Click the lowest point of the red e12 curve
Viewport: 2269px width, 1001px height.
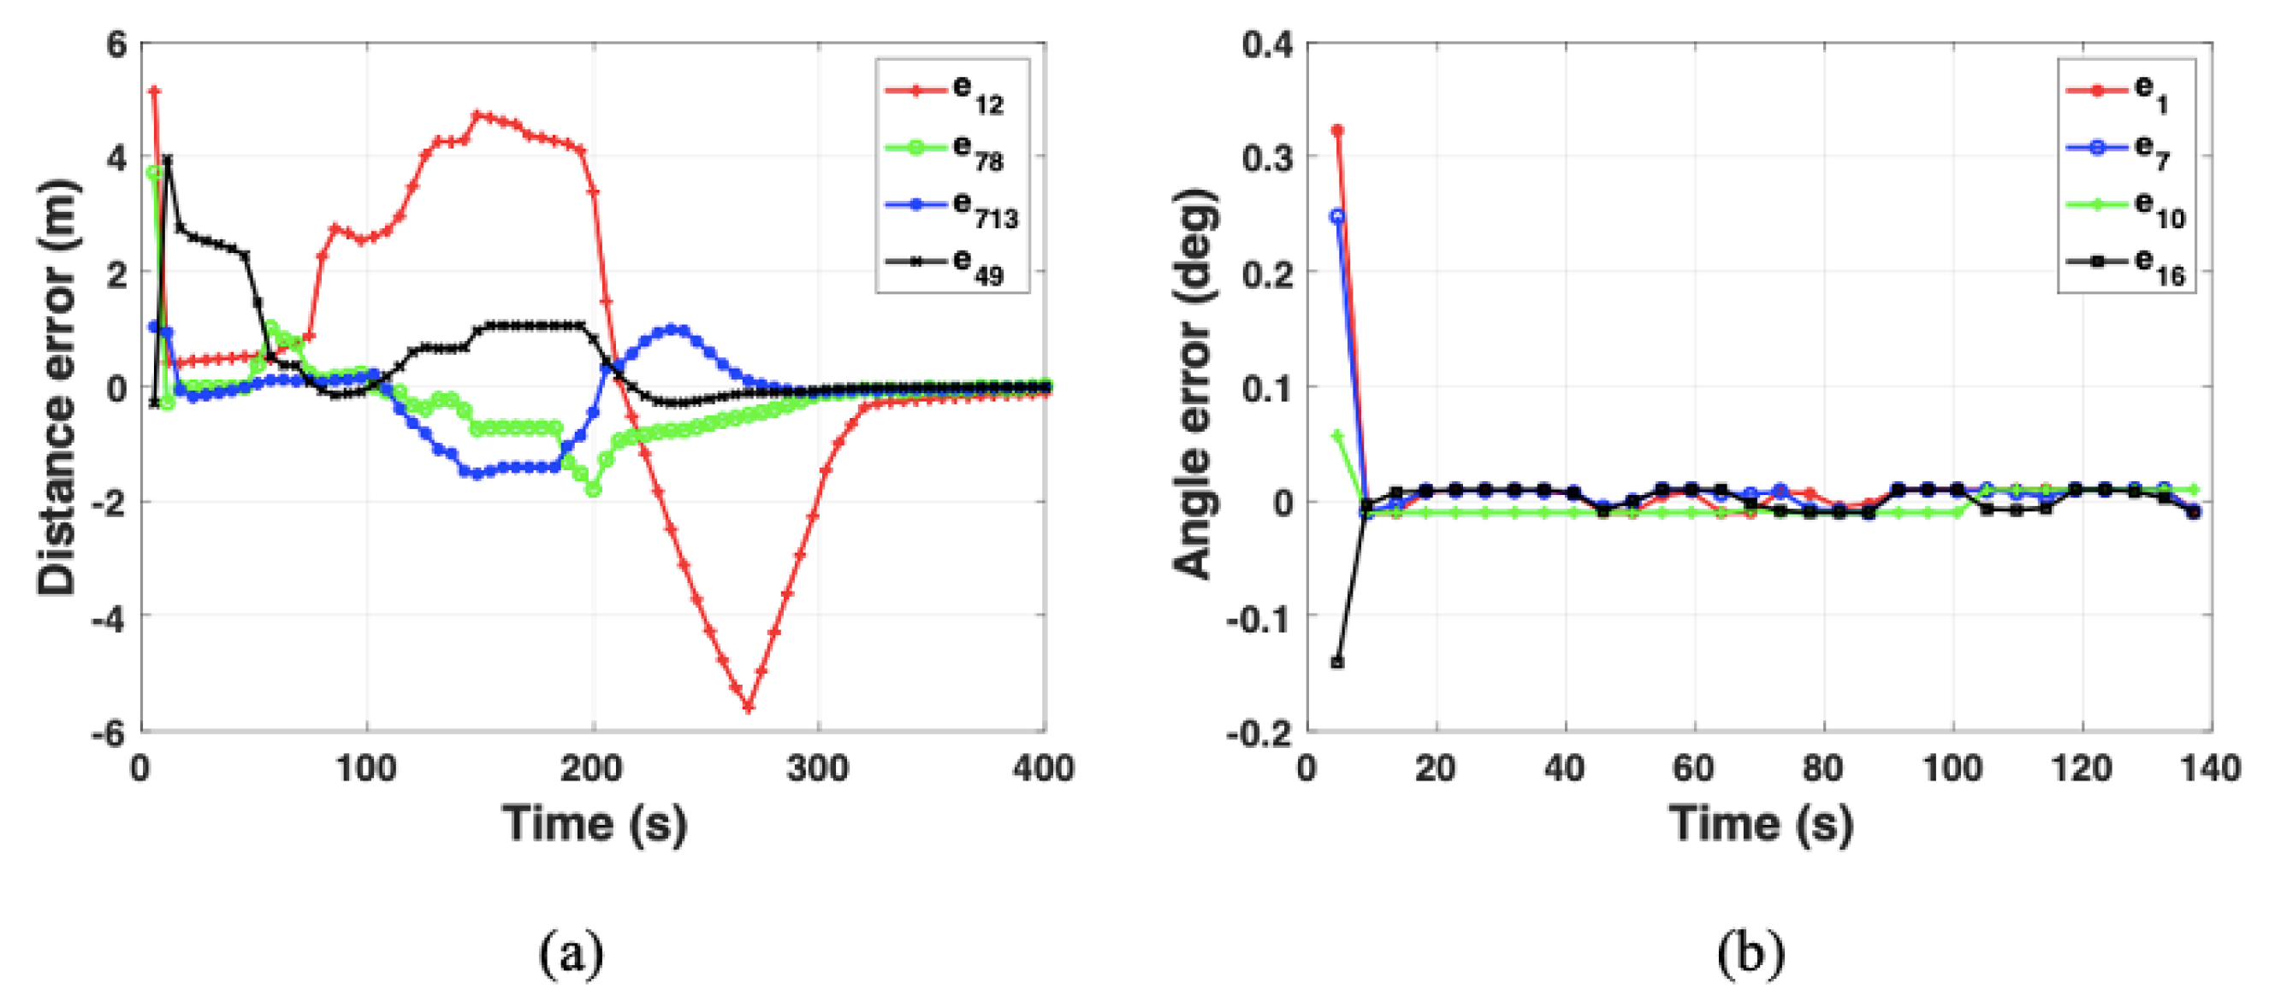[748, 707]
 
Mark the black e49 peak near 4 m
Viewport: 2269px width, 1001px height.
[168, 160]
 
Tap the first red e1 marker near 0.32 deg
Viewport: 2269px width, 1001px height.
[1337, 130]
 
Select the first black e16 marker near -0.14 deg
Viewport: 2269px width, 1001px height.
[1337, 662]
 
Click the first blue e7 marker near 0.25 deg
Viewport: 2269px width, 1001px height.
[1337, 215]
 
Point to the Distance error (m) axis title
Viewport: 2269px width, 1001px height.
[58, 387]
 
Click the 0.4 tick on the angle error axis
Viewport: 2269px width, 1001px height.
[1266, 44]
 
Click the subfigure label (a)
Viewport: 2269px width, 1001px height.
[572, 953]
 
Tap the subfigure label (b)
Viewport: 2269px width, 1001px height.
[1751, 953]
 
